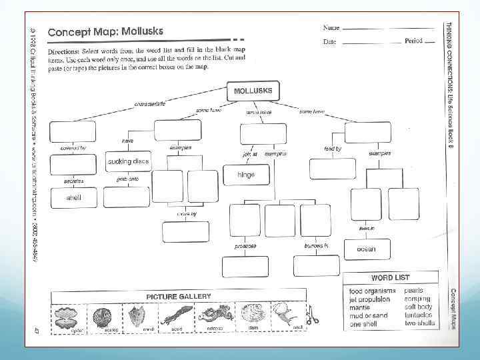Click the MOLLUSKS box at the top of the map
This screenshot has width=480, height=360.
253,91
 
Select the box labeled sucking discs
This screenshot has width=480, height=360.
128,161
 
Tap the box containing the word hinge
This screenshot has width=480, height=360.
246,175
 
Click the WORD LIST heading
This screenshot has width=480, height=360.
391,277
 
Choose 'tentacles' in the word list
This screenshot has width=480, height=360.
418,315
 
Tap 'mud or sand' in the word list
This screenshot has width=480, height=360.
369,315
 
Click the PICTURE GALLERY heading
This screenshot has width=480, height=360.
179,296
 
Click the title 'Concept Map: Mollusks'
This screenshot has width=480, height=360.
105,31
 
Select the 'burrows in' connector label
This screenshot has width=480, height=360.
316,245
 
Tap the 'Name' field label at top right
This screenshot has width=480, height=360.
331,28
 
